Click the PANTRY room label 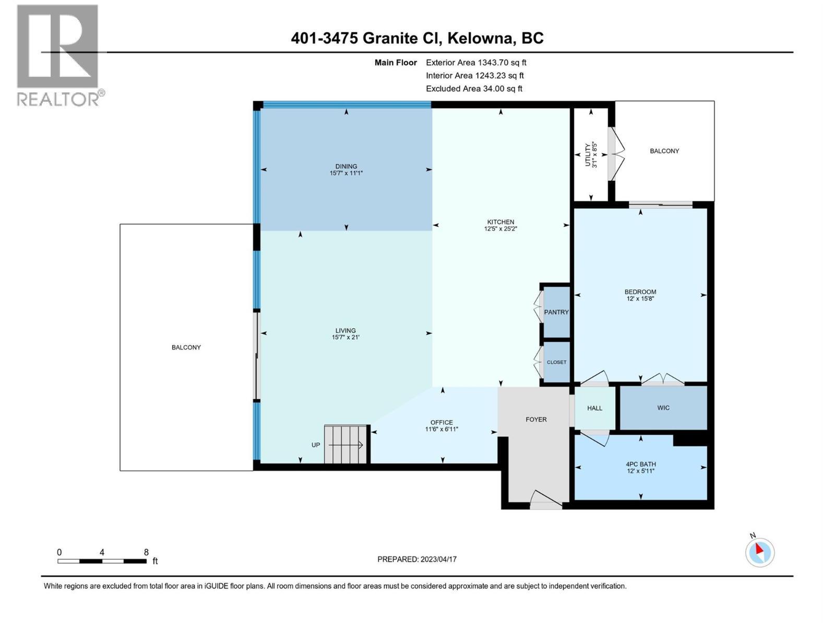[x=556, y=312]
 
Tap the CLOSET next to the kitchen [x=556, y=362]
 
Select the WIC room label [x=663, y=408]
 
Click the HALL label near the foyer [x=594, y=408]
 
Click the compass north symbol [x=759, y=552]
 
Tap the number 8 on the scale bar [x=146, y=552]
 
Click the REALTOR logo [x=58, y=55]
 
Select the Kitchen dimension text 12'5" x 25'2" [x=500, y=229]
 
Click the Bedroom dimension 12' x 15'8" [x=640, y=299]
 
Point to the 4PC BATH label [x=641, y=464]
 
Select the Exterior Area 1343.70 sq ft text [x=476, y=62]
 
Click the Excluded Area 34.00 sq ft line [x=474, y=88]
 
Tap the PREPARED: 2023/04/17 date [x=417, y=559]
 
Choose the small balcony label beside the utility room [x=664, y=151]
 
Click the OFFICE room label [x=442, y=422]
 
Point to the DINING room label [x=346, y=166]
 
